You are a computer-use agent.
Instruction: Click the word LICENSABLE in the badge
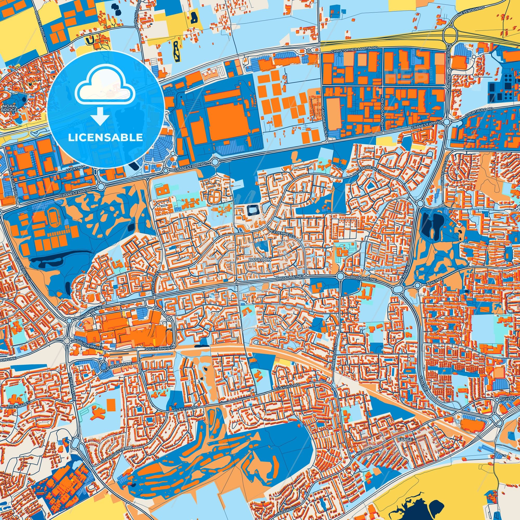105,138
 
